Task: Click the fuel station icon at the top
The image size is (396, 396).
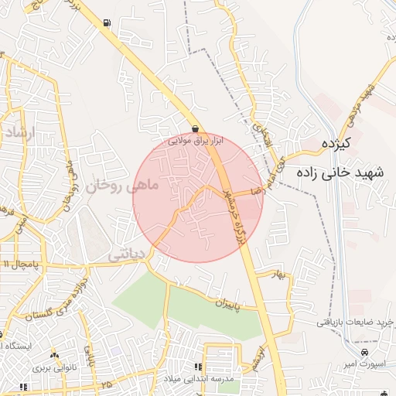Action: [x=104, y=22]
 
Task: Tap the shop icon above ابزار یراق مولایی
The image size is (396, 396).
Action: [x=196, y=129]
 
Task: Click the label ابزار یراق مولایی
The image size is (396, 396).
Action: [x=196, y=142]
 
